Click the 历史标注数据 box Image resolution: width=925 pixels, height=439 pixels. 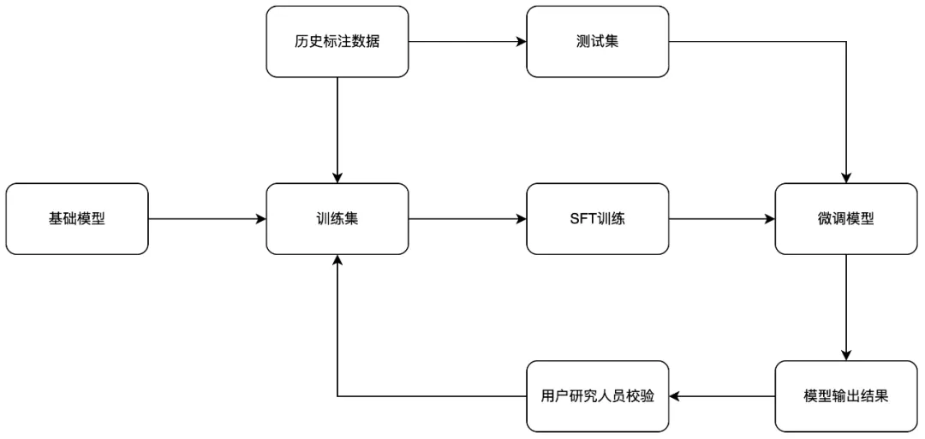(x=337, y=41)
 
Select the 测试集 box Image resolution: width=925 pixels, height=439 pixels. (x=597, y=41)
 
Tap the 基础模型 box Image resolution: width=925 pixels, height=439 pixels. (x=77, y=218)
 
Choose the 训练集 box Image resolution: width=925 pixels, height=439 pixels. (x=337, y=218)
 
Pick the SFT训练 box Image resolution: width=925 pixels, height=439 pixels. (x=597, y=218)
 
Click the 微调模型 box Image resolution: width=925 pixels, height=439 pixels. (x=846, y=218)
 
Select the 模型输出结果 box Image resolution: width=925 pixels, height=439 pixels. (x=846, y=396)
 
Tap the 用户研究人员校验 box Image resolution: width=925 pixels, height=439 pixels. (x=597, y=396)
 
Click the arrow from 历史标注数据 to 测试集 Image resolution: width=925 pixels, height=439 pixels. (x=467, y=41)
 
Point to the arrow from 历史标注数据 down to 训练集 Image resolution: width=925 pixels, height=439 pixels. (x=337, y=128)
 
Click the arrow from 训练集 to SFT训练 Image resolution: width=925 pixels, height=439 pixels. (x=467, y=218)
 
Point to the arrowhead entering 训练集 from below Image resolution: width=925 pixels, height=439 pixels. (x=337, y=261)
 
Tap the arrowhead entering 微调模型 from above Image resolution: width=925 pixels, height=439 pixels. (x=846, y=177)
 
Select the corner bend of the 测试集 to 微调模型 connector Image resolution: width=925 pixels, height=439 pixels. (x=846, y=41)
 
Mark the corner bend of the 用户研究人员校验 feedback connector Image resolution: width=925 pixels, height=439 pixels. (x=337, y=396)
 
